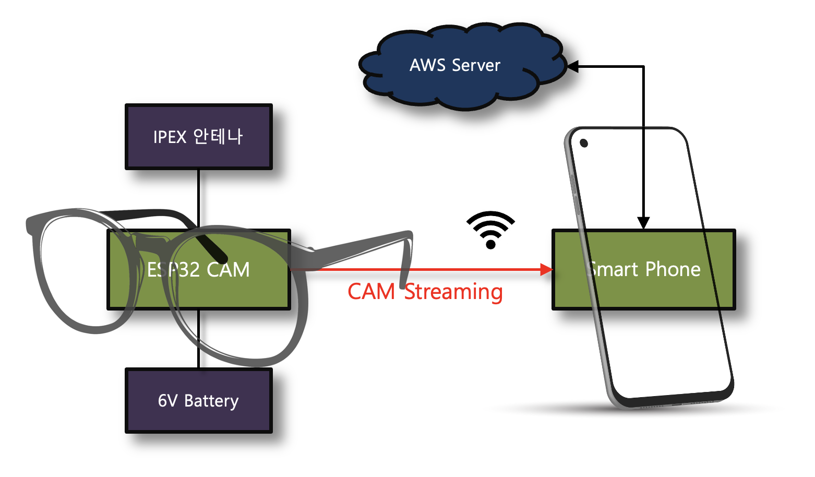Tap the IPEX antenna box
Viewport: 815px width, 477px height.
click(198, 137)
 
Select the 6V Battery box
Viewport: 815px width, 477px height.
click(198, 401)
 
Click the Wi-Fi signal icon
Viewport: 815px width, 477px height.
click(490, 230)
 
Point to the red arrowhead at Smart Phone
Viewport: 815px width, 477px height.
click(546, 269)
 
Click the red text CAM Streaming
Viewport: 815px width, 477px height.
click(425, 292)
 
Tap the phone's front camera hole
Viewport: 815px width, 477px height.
click(584, 143)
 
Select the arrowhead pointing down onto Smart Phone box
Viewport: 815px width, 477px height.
click(644, 223)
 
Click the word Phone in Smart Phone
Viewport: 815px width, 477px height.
click(673, 269)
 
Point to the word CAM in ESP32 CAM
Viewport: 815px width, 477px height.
click(228, 270)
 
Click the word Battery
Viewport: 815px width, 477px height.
click(211, 401)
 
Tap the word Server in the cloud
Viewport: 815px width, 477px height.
click(476, 65)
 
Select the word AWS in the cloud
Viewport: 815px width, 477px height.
click(427, 65)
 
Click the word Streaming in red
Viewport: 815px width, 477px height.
click(453, 292)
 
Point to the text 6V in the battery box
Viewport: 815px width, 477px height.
click(167, 401)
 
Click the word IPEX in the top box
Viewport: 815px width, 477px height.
click(170, 137)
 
